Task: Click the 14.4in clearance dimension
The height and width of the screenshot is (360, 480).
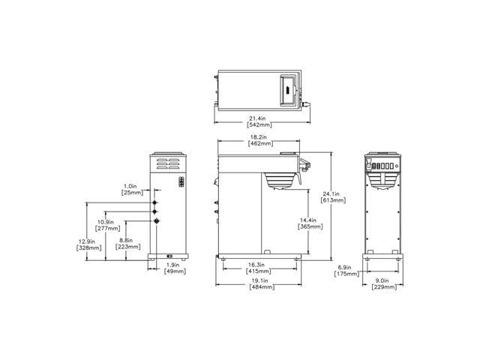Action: point(310,220)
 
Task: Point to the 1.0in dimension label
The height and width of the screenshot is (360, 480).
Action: point(131,187)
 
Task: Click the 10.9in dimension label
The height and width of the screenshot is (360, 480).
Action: point(106,222)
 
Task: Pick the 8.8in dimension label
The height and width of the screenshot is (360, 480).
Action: point(127,240)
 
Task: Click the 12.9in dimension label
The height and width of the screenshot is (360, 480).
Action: point(87,241)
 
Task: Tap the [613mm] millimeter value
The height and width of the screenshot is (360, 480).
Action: point(332,200)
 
